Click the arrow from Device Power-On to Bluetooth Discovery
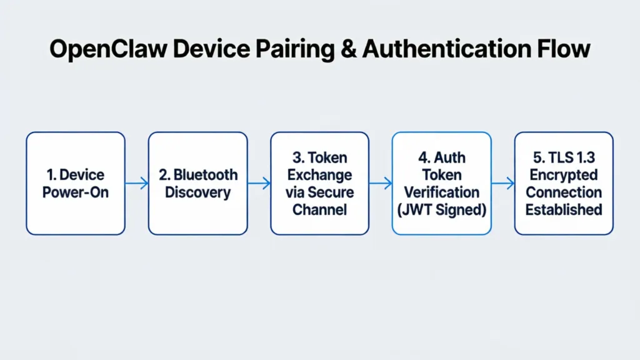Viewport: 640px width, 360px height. pyautogui.click(x=137, y=183)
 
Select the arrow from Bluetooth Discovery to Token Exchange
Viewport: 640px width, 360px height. pyautogui.click(x=259, y=183)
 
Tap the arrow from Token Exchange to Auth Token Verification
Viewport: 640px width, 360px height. pyautogui.click(x=381, y=183)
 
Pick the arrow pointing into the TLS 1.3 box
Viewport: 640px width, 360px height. pyautogui.click(x=502, y=183)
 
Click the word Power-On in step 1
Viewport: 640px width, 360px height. pyautogui.click(x=76, y=192)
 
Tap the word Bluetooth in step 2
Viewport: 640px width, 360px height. pyautogui.click(x=206, y=174)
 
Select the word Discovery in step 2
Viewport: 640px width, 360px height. pyautogui.click(x=197, y=192)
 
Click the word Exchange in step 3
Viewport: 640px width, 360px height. pyautogui.click(x=319, y=174)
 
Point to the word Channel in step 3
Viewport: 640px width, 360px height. pyautogui.click(x=319, y=209)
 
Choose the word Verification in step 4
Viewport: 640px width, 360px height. pyautogui.click(x=441, y=192)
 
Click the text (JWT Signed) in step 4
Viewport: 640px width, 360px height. pyautogui.click(x=441, y=209)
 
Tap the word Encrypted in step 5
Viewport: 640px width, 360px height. pyautogui.click(x=564, y=174)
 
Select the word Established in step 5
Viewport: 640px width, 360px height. pyautogui.click(x=564, y=209)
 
